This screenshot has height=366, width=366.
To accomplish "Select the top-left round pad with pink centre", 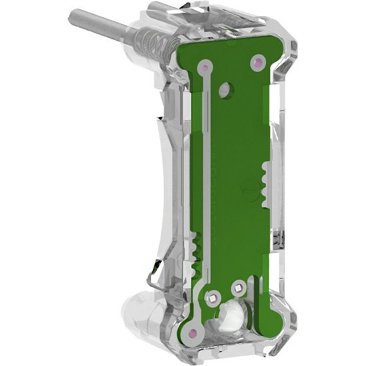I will click(x=206, y=67).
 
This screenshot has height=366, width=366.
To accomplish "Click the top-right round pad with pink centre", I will click(x=255, y=63).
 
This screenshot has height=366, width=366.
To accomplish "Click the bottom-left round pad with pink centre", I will click(x=192, y=332).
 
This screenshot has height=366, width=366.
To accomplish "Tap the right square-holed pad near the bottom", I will click(x=238, y=287).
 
